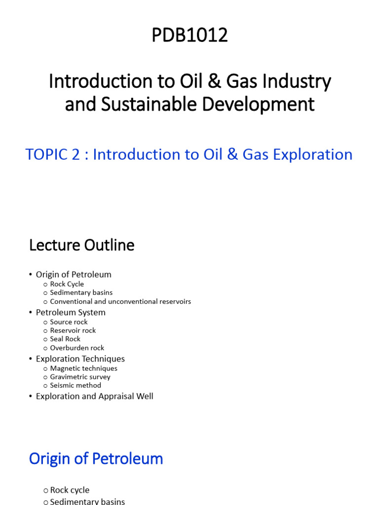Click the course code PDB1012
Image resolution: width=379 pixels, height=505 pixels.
click(189, 36)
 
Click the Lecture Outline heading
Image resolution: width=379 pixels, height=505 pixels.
click(81, 245)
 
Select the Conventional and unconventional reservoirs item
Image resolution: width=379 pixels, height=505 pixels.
click(120, 301)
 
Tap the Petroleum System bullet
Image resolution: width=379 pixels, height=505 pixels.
click(71, 312)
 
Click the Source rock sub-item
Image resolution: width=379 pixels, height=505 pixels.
click(69, 322)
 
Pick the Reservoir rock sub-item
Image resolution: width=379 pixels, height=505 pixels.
click(73, 330)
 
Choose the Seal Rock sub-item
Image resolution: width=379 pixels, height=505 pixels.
click(65, 339)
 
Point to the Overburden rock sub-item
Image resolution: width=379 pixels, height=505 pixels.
click(77, 348)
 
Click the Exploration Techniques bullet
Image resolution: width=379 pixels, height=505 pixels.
click(80, 359)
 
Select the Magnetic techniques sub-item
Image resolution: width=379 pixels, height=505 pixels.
click(83, 368)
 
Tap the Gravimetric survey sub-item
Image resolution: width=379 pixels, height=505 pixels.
click(80, 377)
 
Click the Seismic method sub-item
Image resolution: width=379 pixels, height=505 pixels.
click(76, 385)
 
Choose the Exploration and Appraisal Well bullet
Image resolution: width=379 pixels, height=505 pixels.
click(94, 396)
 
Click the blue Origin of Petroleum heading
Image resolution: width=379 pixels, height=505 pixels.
click(96, 459)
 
